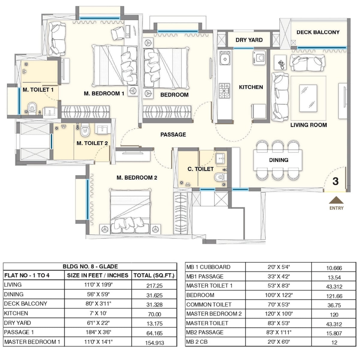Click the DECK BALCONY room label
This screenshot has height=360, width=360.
[x=318, y=32]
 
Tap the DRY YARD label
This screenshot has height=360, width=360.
[x=249, y=40]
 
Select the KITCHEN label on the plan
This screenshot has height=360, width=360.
[x=251, y=87]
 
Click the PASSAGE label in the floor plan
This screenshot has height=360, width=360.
[x=173, y=134]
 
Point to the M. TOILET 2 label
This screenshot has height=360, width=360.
[x=92, y=143]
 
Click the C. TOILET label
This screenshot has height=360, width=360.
[x=200, y=169]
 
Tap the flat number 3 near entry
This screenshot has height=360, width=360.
[x=335, y=181]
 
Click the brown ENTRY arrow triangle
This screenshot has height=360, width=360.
[x=336, y=200]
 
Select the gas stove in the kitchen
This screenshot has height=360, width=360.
[x=224, y=91]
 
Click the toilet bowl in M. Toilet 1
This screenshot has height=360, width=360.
[x=32, y=107]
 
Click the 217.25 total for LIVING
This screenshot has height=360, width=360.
[x=154, y=286]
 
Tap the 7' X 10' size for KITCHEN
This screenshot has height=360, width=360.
[x=98, y=313]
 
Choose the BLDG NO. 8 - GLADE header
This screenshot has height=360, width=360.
[x=90, y=266]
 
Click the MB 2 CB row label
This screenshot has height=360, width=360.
[x=197, y=342]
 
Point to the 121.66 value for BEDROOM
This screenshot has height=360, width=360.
[x=334, y=296]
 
